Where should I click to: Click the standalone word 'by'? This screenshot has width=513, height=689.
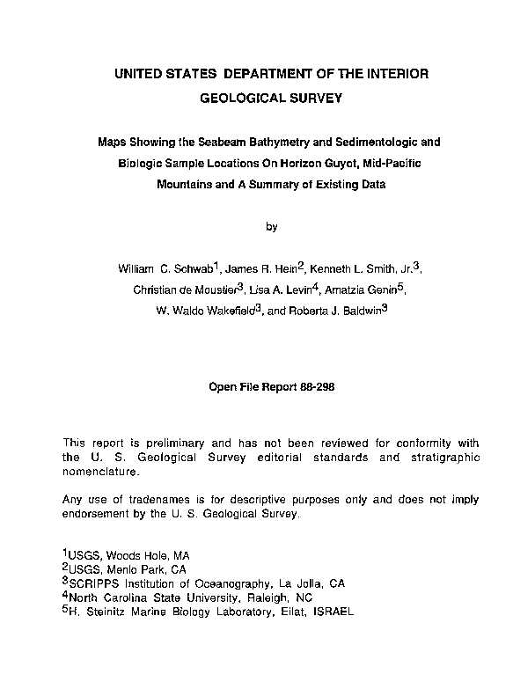coord(272,226)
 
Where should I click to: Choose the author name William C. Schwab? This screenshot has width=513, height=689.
coord(164,268)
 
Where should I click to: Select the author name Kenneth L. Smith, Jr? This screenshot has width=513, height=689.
coord(361,268)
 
